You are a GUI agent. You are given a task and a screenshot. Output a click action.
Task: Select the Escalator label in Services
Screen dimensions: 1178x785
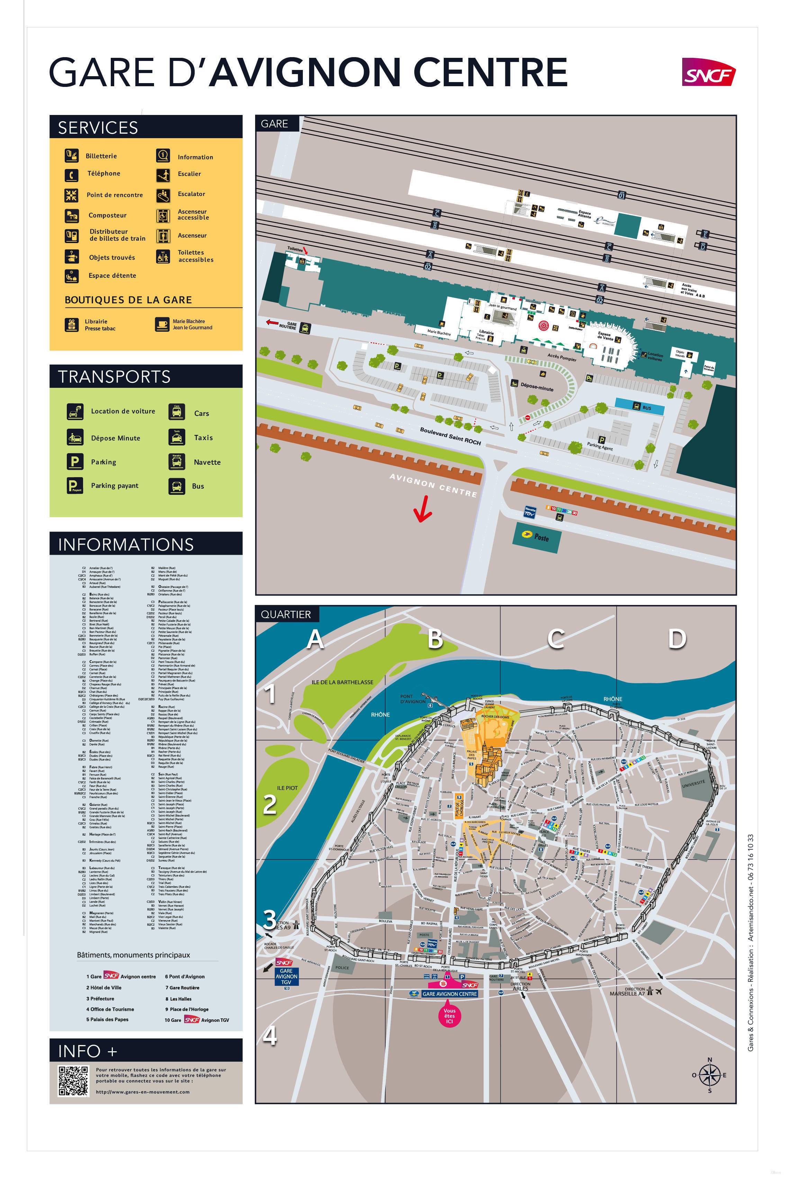point(191,194)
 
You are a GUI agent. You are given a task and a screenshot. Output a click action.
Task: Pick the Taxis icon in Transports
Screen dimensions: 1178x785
point(176,438)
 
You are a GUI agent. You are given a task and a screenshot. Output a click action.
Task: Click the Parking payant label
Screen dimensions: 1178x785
point(115,485)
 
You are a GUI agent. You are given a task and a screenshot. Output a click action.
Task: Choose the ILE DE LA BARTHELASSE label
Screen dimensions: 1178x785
point(342,682)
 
